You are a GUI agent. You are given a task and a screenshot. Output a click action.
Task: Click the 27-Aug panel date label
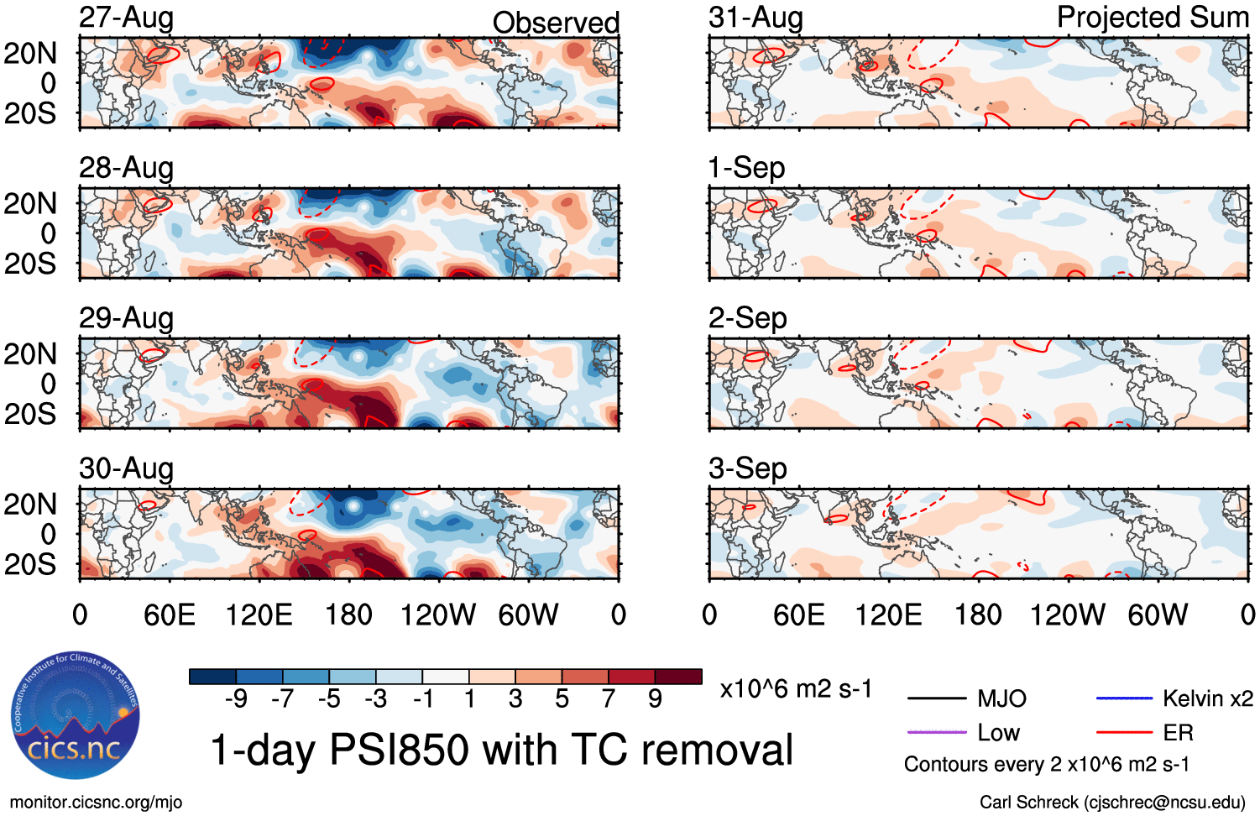click(126, 18)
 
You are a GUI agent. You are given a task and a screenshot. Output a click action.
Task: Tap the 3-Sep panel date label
click(747, 468)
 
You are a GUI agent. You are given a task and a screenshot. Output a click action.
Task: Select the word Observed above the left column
click(556, 22)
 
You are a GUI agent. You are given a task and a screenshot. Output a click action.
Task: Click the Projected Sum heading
click(1153, 18)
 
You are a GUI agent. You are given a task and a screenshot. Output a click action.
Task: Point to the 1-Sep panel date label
click(746, 168)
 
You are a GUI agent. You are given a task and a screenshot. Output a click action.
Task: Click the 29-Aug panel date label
click(126, 318)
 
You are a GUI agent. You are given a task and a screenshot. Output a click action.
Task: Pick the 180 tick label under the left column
click(348, 615)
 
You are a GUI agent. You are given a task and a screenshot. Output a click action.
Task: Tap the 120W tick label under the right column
click(1067, 615)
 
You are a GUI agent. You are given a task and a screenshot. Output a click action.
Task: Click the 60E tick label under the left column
click(170, 615)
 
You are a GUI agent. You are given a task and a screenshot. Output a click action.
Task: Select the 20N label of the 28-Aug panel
click(30, 204)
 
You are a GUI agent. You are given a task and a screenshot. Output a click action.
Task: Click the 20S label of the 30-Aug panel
click(30, 564)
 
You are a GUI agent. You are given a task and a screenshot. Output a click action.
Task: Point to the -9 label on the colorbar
click(236, 698)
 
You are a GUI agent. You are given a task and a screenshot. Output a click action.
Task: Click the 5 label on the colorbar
click(562, 698)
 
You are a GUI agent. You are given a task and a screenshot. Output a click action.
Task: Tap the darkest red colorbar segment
click(678, 677)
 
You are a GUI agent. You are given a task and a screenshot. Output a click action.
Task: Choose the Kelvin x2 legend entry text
click(1207, 698)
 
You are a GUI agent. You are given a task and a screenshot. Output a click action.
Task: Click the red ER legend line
click(1124, 733)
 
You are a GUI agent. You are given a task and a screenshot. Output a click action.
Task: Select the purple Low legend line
click(937, 733)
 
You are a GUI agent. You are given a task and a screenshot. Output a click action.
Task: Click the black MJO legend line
click(937, 698)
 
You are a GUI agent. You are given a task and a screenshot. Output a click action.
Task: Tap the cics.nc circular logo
click(76, 717)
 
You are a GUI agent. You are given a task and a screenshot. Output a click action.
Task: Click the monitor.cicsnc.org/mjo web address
click(96, 803)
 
